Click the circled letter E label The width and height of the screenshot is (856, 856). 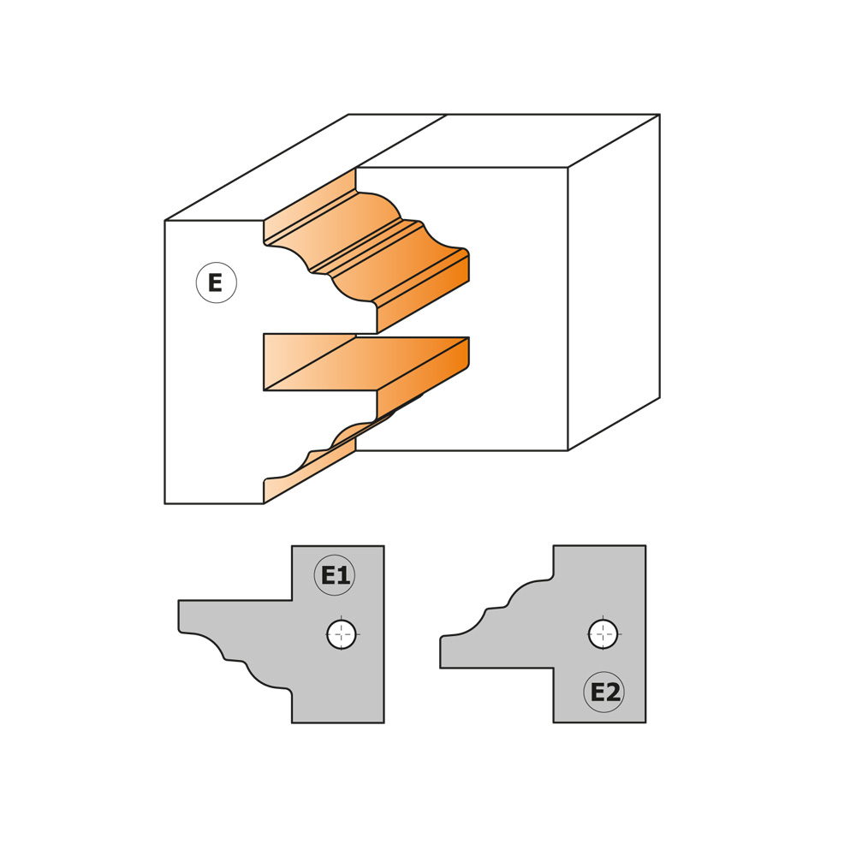pos(217,282)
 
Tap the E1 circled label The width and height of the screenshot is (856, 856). pos(335,575)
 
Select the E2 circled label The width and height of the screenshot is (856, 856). pos(604,692)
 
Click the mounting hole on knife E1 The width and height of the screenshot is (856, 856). pos(342,634)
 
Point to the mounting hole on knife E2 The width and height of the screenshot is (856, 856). pos(603,634)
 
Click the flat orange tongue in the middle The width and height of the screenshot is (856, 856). pos(366,363)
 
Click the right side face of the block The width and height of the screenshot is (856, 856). pos(614,282)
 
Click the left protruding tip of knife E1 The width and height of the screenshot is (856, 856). pos(179,617)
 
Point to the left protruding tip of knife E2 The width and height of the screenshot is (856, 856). pos(441,651)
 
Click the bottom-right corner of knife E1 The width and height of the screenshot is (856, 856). pos(383,722)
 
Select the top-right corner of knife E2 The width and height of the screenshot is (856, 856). pos(645,545)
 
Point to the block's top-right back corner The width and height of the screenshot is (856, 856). pos(660,115)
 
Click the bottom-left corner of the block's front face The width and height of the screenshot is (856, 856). pos(165,503)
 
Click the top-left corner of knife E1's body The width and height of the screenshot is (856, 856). pos(292,546)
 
